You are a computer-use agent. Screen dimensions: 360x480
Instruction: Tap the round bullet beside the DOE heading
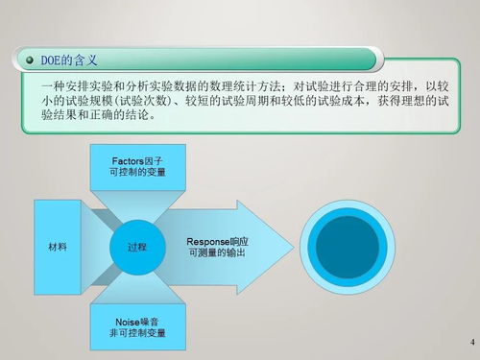coord(26,60)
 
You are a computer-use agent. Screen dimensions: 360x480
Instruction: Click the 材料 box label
coord(58,248)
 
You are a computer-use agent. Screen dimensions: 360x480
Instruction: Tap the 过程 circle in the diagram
coord(137,248)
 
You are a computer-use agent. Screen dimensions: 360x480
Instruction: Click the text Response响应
coord(216,241)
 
